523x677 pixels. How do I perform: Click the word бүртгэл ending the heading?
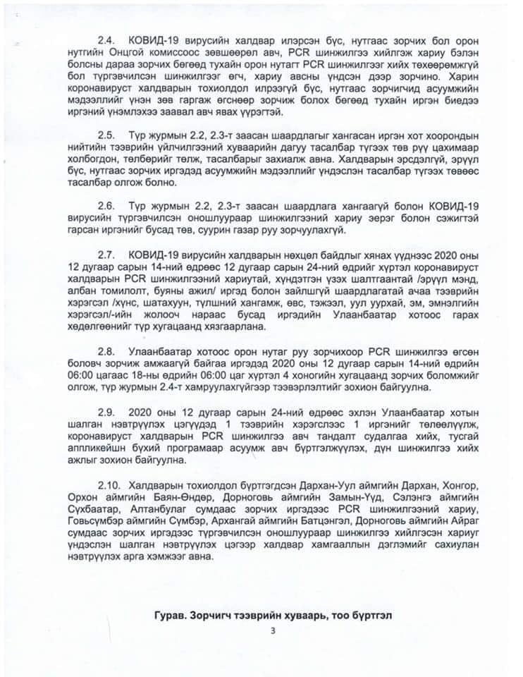pos(367,615)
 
